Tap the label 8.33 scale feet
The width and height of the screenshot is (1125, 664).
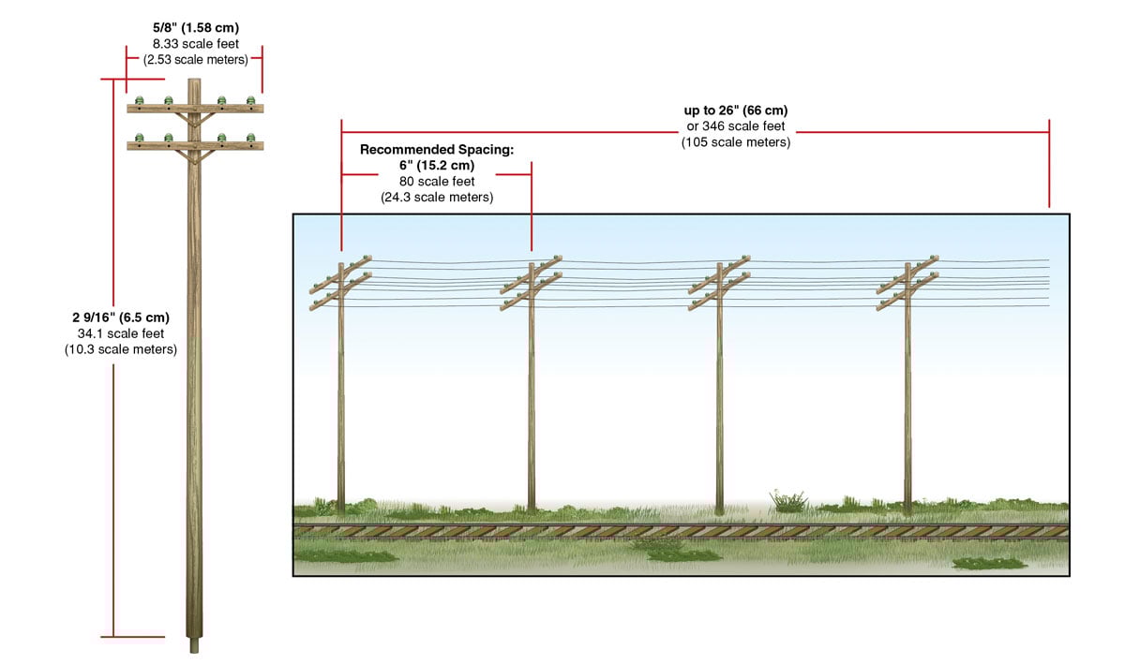pyautogui.click(x=195, y=43)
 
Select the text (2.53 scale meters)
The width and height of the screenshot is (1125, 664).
pyautogui.click(x=195, y=59)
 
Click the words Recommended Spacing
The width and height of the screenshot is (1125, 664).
pyautogui.click(x=437, y=149)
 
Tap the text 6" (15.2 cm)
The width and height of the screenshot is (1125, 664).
pyautogui.click(x=437, y=165)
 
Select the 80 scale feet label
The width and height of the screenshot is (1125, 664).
pyautogui.click(x=437, y=181)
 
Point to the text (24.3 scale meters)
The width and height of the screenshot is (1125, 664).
pyautogui.click(x=437, y=198)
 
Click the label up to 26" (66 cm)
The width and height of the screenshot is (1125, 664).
pyautogui.click(x=736, y=111)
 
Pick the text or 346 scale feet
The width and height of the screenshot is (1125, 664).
pyautogui.click(x=736, y=126)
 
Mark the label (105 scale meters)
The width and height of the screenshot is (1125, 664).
pyautogui.click(x=736, y=142)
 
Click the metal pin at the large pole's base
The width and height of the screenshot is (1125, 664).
pyautogui.click(x=195, y=645)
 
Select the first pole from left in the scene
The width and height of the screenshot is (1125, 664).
pyautogui.click(x=341, y=393)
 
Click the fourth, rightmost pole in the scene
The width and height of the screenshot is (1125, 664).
pyautogui.click(x=907, y=393)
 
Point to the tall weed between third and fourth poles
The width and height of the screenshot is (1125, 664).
pyautogui.click(x=787, y=500)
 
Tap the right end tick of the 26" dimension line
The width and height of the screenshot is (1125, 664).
pyautogui.click(x=1049, y=164)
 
